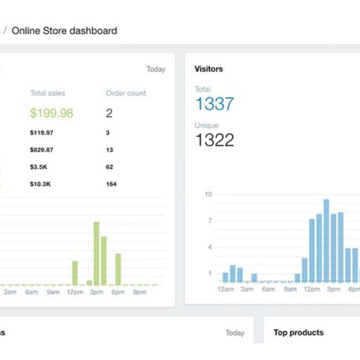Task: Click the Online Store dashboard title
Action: [x=64, y=30]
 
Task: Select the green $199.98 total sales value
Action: [x=52, y=113]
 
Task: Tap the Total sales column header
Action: [x=47, y=93]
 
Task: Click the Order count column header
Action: [x=125, y=93]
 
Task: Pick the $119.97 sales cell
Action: [x=41, y=132]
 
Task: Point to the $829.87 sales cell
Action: [x=41, y=149]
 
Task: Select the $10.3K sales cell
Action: [x=40, y=184]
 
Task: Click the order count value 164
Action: [x=111, y=184]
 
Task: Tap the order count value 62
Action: [x=109, y=167]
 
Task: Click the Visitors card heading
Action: [x=209, y=69]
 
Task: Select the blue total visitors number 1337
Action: [x=214, y=104]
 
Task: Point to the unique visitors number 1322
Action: [x=214, y=140]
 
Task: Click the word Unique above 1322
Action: [x=206, y=125]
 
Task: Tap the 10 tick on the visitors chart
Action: [x=208, y=194]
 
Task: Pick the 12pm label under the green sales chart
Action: [x=75, y=292]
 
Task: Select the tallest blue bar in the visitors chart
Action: [x=326, y=240]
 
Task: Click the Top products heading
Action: [x=298, y=332]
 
